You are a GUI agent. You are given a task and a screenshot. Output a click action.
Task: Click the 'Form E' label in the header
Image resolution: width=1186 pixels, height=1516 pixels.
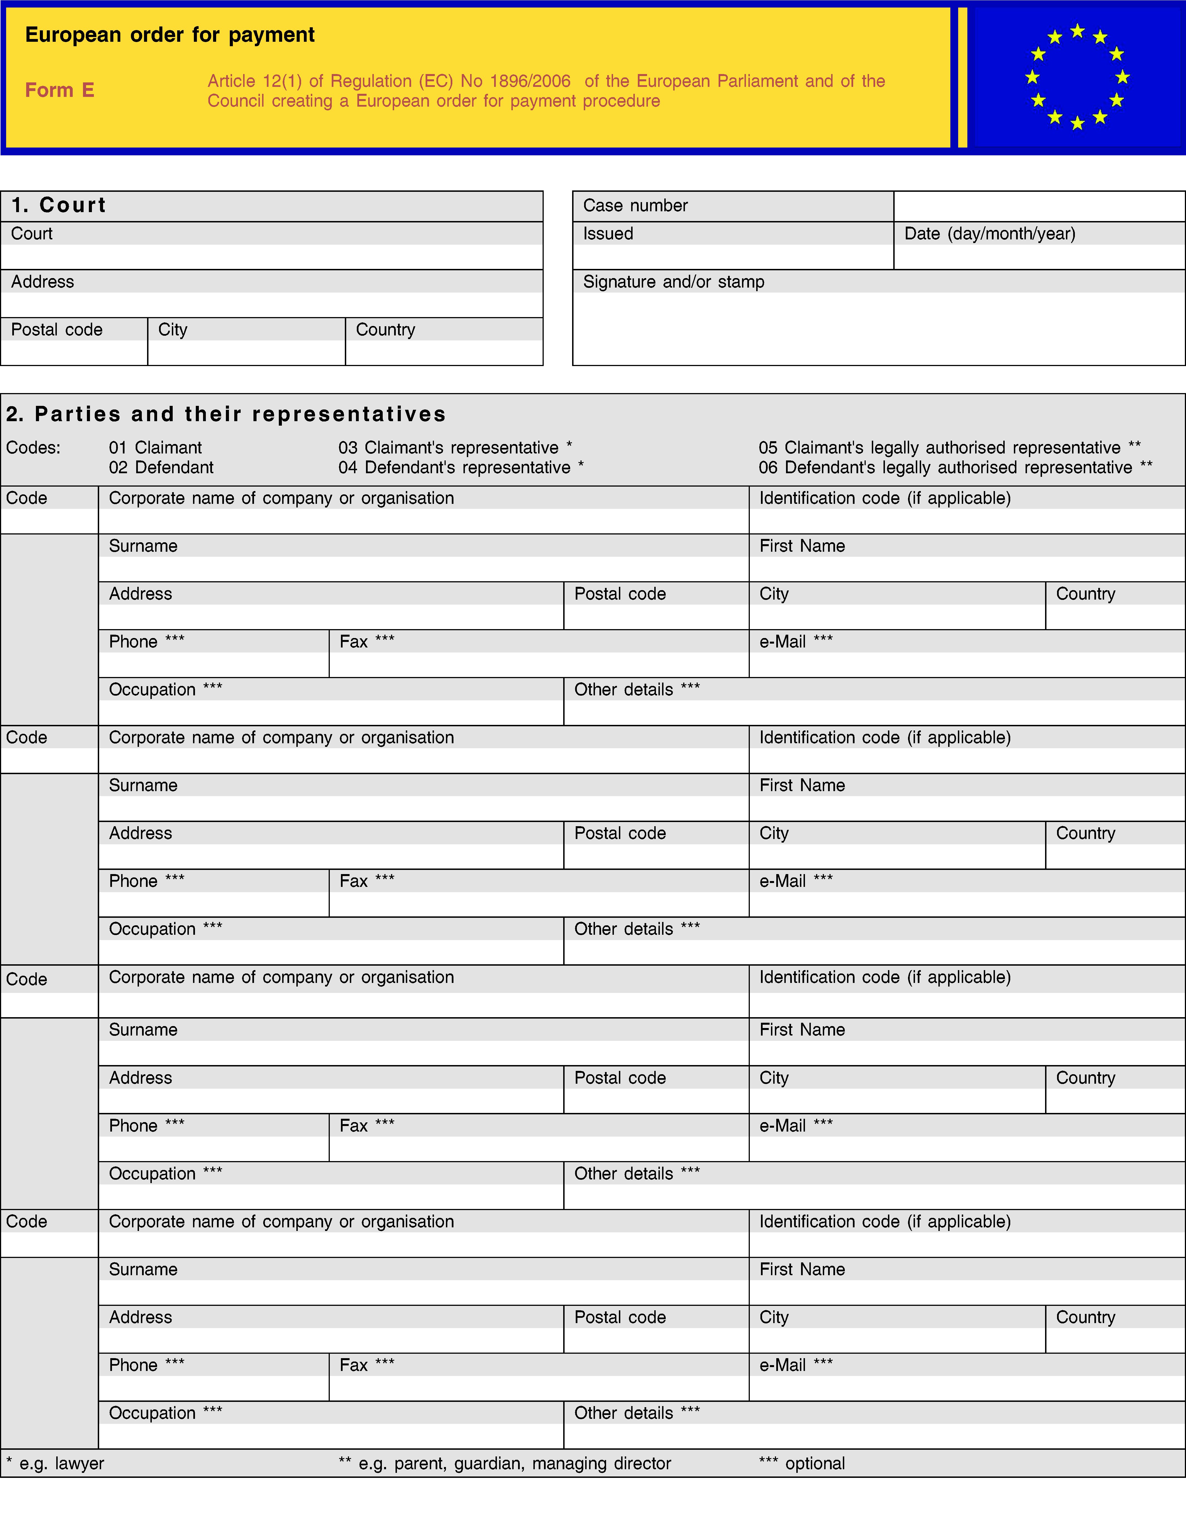click(60, 90)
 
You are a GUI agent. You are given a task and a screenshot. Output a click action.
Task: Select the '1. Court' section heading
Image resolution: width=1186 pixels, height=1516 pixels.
click(59, 205)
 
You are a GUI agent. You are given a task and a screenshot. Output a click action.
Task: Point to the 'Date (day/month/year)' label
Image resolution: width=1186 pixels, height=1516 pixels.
click(989, 234)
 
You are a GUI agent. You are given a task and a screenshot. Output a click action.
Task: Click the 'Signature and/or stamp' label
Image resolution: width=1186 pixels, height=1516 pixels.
click(673, 282)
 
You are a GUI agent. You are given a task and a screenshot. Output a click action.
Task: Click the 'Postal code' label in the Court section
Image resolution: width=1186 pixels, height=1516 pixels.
click(57, 330)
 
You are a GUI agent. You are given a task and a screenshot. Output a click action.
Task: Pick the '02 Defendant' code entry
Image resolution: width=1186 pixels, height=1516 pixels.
click(161, 468)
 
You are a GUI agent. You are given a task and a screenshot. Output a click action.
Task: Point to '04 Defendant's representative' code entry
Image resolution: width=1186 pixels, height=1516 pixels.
click(461, 468)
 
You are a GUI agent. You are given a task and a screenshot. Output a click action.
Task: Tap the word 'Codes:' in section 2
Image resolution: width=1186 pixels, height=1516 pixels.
click(33, 448)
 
